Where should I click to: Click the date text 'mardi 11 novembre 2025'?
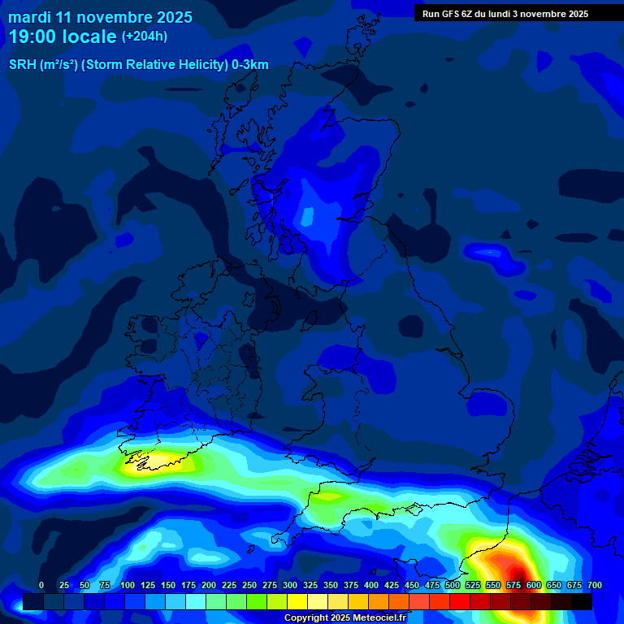click(x=100, y=17)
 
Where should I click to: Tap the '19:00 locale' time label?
click(x=63, y=37)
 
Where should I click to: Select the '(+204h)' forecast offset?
click(x=145, y=37)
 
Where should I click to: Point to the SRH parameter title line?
click(x=138, y=65)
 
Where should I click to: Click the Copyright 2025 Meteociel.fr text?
click(x=344, y=618)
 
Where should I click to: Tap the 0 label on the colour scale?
click(x=41, y=585)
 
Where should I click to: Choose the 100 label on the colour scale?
click(x=128, y=585)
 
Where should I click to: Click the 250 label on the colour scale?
click(x=249, y=585)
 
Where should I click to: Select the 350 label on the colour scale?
click(x=331, y=585)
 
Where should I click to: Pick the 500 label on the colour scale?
click(x=453, y=585)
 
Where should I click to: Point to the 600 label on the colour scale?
click(x=534, y=585)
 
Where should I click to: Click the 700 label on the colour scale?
click(x=595, y=585)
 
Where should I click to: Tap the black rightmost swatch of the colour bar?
click(x=582, y=601)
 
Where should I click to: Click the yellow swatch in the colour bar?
click(x=297, y=601)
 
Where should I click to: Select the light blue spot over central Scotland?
click(x=307, y=216)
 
